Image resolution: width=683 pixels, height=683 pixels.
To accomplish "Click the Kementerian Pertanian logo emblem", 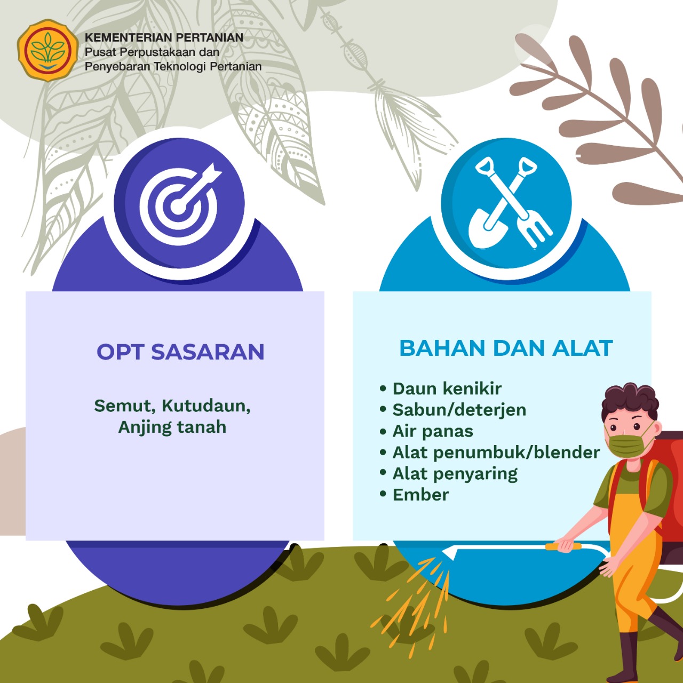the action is point(47,51).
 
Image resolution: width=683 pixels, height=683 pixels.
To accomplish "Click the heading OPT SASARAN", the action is point(180,352).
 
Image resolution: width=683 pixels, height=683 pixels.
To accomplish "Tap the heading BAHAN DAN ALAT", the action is point(506,348).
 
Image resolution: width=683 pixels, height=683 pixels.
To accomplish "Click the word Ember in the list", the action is point(420,495).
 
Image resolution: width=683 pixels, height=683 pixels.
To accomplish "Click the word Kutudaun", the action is point(206,406).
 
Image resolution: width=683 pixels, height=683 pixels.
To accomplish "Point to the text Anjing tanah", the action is point(172,427).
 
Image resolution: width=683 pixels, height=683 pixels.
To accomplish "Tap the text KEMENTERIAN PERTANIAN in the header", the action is point(164,37).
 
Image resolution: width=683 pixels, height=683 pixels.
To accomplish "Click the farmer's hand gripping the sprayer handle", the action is point(566,546).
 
